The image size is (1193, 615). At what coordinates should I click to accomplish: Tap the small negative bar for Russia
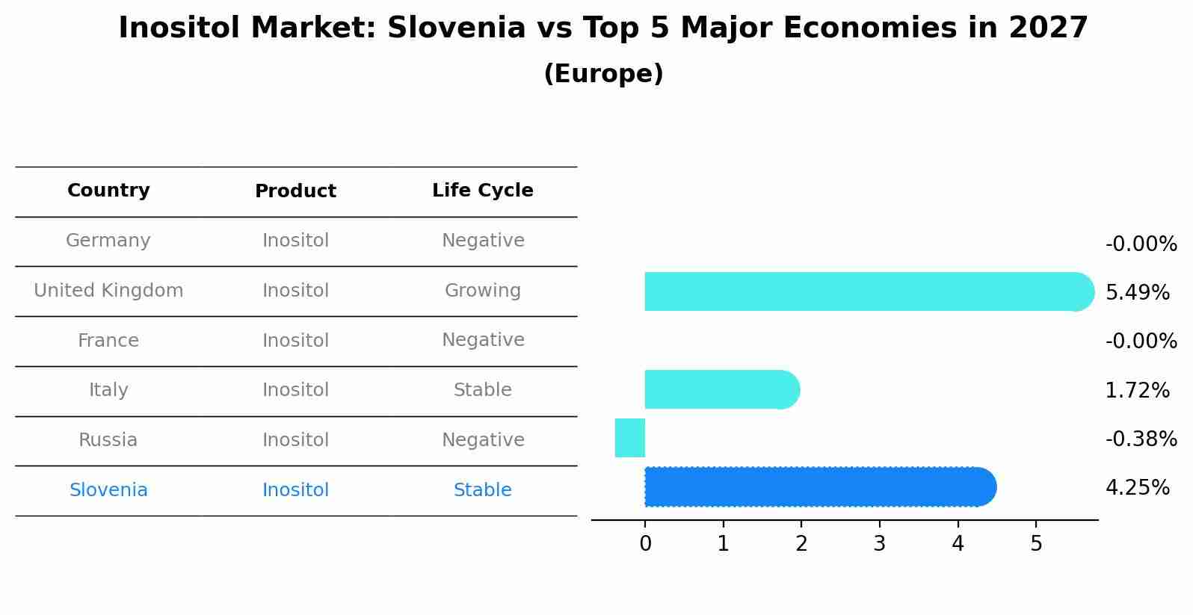[630, 438]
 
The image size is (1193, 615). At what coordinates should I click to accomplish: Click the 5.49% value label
[1137, 293]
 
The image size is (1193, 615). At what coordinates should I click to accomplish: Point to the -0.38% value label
[1141, 439]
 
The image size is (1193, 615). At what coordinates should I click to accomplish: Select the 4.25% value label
[1137, 488]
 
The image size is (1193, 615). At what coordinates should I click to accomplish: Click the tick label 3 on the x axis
[879, 544]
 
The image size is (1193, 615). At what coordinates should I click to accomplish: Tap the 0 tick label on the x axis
[645, 544]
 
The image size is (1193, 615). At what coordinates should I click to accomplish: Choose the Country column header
[108, 191]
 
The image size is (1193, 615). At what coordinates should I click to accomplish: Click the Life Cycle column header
[482, 191]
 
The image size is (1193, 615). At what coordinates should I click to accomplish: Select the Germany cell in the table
[108, 241]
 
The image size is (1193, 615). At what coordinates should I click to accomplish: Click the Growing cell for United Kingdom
[482, 291]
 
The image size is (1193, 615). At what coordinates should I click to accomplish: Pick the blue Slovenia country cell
[108, 490]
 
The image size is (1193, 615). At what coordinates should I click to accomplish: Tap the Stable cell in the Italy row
[482, 390]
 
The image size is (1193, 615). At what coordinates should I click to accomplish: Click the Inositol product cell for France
[295, 341]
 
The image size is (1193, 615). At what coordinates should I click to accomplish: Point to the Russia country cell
[108, 440]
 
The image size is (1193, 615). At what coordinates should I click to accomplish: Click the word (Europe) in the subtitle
[603, 74]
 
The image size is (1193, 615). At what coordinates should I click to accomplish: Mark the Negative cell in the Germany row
[482, 241]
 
